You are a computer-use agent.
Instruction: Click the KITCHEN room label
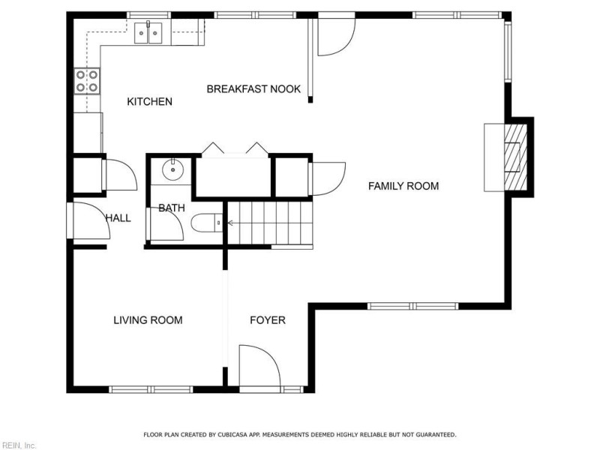(150, 101)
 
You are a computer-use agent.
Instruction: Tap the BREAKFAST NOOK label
(253, 88)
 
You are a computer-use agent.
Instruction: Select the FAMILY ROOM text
(403, 186)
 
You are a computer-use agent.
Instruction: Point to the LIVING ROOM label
(148, 320)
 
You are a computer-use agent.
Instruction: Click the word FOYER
(268, 320)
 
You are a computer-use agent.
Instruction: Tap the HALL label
(118, 218)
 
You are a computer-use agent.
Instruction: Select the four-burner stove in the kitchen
(87, 80)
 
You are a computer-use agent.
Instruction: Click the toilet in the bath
(206, 222)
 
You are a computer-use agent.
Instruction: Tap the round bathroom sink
(174, 169)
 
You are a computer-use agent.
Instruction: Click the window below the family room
(412, 305)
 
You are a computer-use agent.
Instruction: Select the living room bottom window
(151, 389)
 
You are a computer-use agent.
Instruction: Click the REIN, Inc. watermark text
(18, 445)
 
